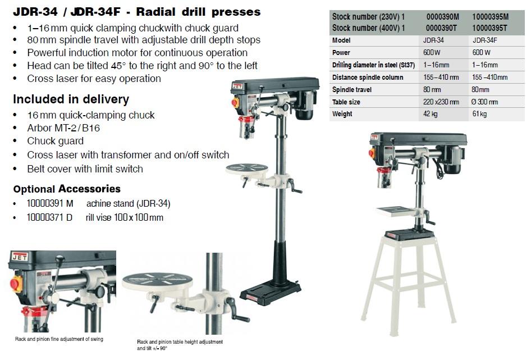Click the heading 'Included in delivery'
(x=71, y=99)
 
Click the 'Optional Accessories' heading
(x=67, y=189)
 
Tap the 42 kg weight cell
(x=431, y=114)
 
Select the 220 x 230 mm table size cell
(x=441, y=102)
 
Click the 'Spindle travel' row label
(x=352, y=90)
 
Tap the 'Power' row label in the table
(x=341, y=53)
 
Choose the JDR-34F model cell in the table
(x=486, y=40)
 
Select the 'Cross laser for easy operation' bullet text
(x=94, y=79)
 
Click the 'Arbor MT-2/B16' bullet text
(x=63, y=128)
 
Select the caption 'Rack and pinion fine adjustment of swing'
(x=59, y=339)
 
